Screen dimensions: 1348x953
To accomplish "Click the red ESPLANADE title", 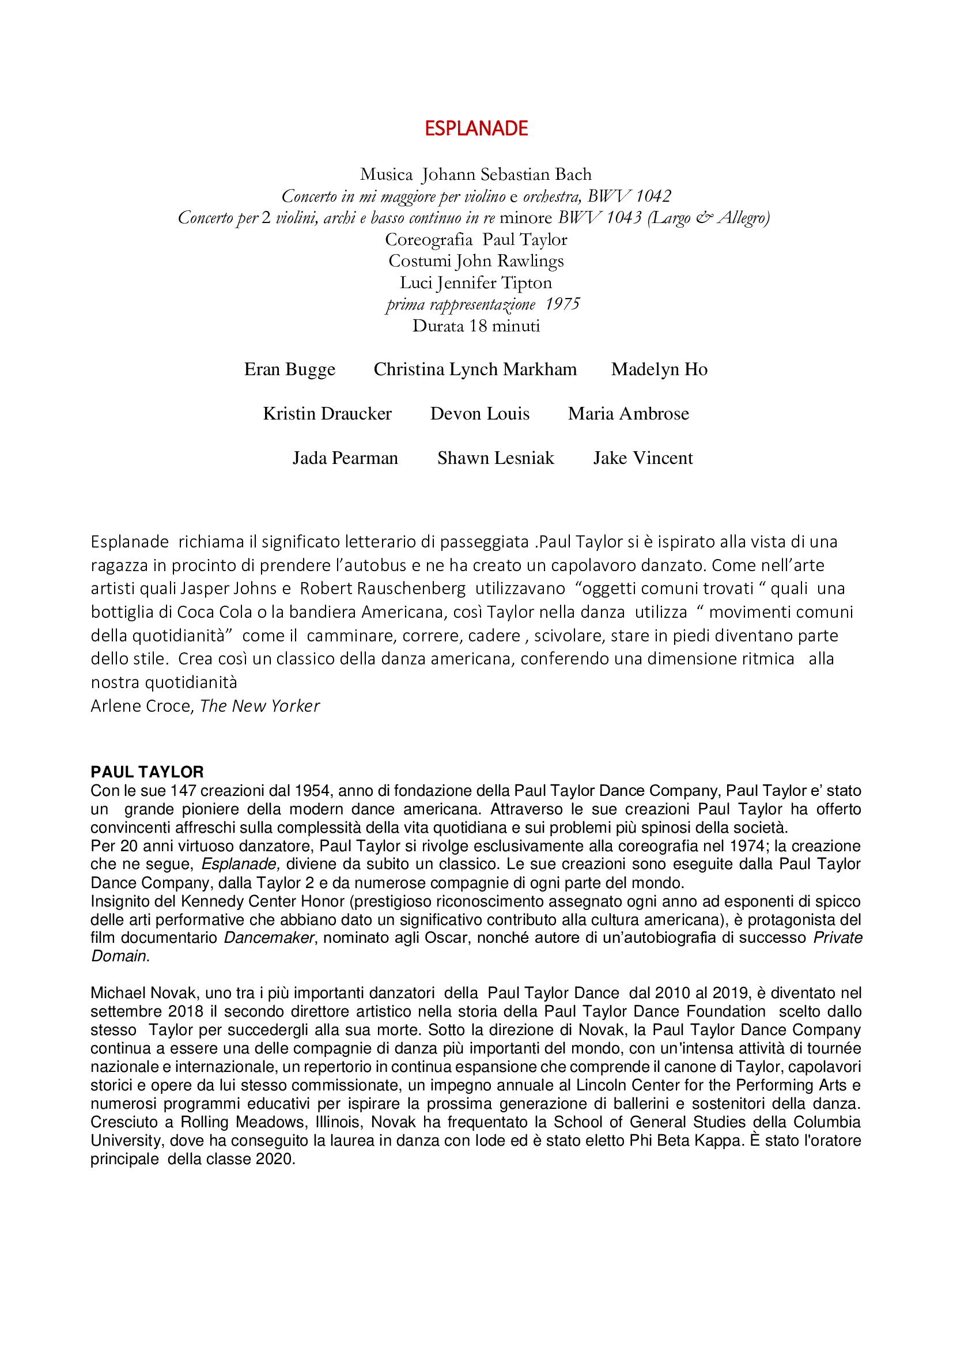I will [476, 128].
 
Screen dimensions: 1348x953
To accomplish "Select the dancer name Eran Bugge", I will [290, 369].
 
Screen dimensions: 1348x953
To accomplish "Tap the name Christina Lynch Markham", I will [475, 369].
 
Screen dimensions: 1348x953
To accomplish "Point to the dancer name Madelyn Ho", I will [659, 369].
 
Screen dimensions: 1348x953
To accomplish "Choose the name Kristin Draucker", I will [327, 414].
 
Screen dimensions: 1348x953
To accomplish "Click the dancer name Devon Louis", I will [479, 414].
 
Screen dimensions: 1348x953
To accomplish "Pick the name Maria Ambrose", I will [628, 414].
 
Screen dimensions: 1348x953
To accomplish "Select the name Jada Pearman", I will [345, 458].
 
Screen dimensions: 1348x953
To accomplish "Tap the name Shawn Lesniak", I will [496, 458].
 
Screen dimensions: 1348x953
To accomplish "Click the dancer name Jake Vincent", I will [642, 458].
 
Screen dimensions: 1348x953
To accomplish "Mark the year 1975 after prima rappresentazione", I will [562, 304].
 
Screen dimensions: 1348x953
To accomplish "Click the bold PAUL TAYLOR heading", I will [148, 772].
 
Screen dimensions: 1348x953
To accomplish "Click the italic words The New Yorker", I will [259, 706].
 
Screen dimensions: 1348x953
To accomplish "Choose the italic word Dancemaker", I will [269, 938].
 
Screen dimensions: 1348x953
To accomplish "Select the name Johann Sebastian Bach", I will [506, 175].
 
